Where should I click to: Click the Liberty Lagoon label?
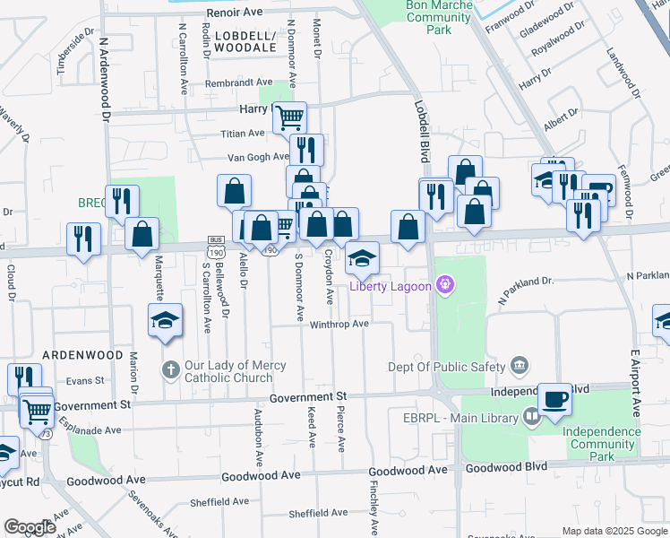391,287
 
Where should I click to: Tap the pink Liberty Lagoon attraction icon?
445,287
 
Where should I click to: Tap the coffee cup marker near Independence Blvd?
554,399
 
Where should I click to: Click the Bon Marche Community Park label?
415,17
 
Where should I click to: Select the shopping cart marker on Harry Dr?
289,117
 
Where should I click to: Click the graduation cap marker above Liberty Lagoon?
362,258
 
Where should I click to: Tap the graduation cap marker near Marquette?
166,321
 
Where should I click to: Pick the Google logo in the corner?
30,527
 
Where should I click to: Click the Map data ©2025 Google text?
614,530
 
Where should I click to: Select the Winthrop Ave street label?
339,324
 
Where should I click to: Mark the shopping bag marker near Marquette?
142,234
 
